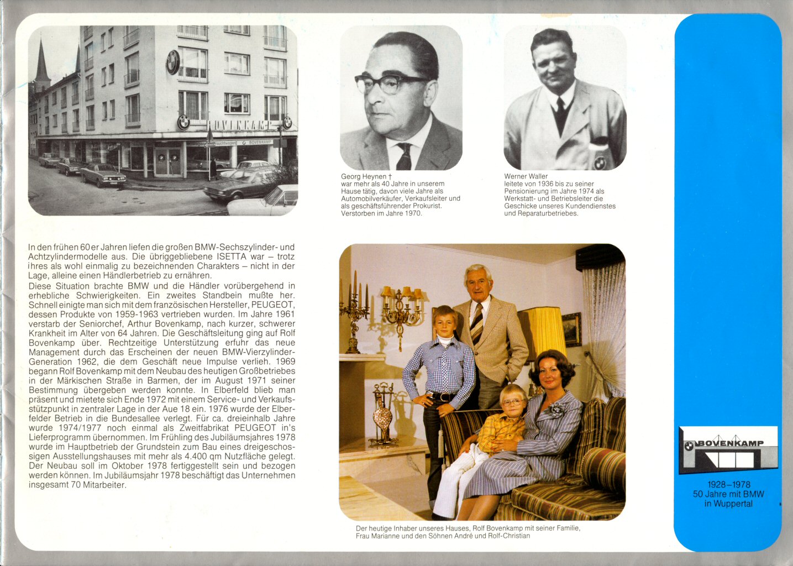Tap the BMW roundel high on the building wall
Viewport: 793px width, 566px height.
173,61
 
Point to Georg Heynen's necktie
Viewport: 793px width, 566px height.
405,156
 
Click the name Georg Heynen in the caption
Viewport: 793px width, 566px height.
363,176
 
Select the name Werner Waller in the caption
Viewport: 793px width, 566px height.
526,176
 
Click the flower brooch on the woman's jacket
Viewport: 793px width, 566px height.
557,410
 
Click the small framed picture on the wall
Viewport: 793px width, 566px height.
571,329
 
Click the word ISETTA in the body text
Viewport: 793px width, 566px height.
231,256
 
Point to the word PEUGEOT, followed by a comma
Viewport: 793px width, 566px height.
273,305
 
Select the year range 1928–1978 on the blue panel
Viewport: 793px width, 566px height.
728,485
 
